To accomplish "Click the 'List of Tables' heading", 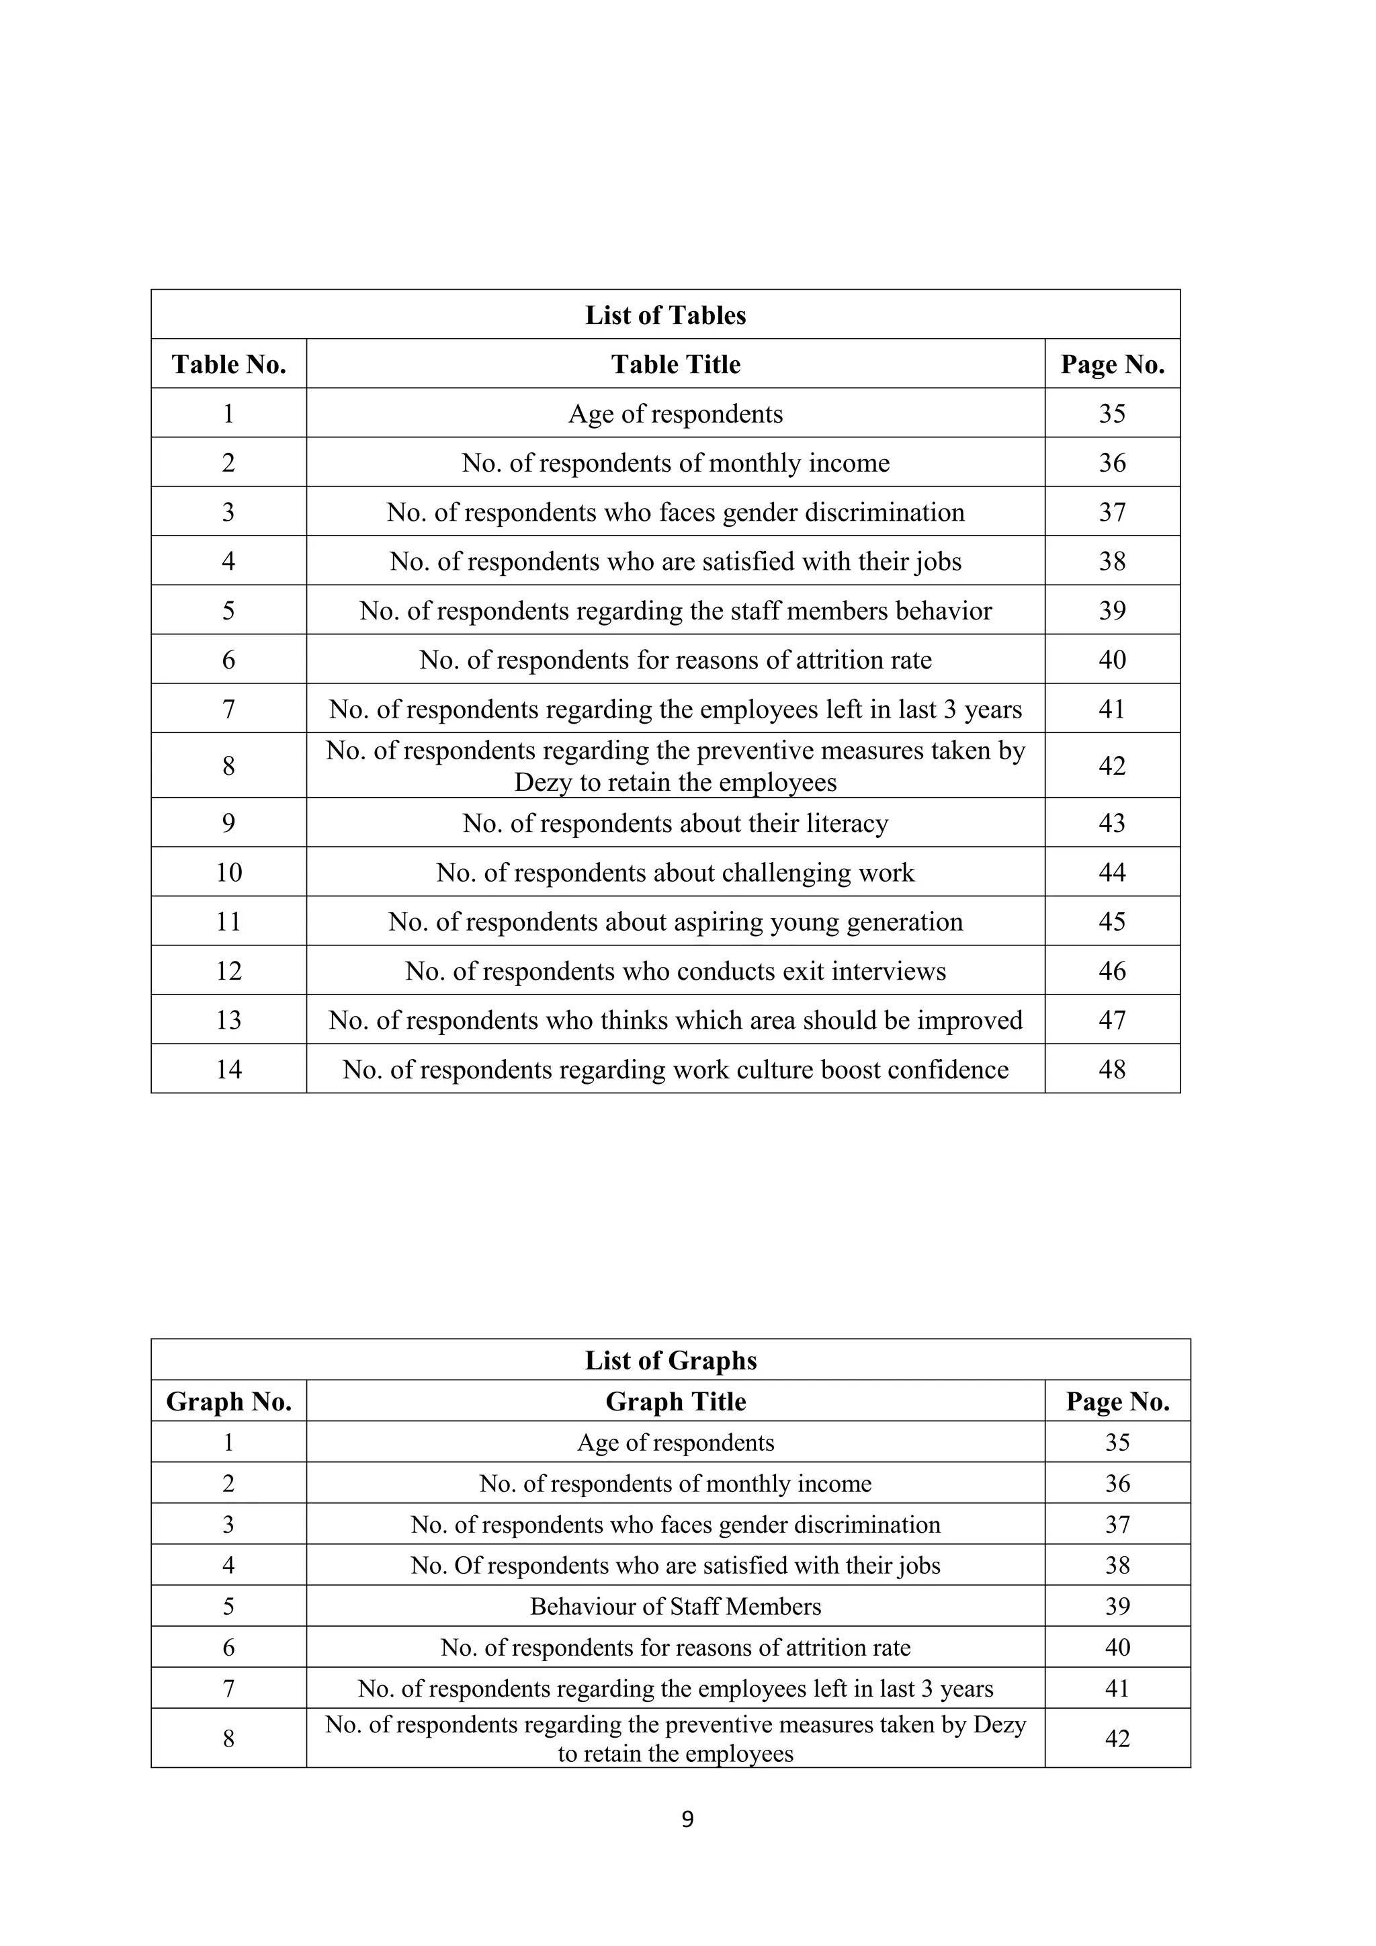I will tap(665, 315).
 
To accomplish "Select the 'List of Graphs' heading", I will tap(671, 1360).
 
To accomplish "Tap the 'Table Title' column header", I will tap(675, 364).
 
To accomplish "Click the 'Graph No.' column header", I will tap(228, 1402).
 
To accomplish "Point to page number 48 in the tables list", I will tap(1112, 1070).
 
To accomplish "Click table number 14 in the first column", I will tap(228, 1070).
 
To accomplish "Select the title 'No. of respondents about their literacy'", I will tap(675, 824).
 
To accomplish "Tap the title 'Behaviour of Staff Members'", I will tap(675, 1607).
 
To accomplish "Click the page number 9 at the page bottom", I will tap(687, 1819).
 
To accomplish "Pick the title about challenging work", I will tap(675, 873).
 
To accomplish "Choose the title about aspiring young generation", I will tap(675, 922).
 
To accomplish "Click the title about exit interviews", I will tap(675, 971).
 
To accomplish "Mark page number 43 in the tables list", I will tap(1112, 824).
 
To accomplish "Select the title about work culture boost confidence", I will tap(675, 1070).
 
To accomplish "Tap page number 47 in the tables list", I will tap(1112, 1021).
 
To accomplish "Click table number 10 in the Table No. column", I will tap(228, 873).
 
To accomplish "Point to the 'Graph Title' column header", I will tap(675, 1402).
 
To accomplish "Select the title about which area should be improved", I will tap(675, 1021).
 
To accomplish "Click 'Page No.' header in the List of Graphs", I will tap(1117, 1402).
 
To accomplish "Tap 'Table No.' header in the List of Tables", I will tap(228, 364).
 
